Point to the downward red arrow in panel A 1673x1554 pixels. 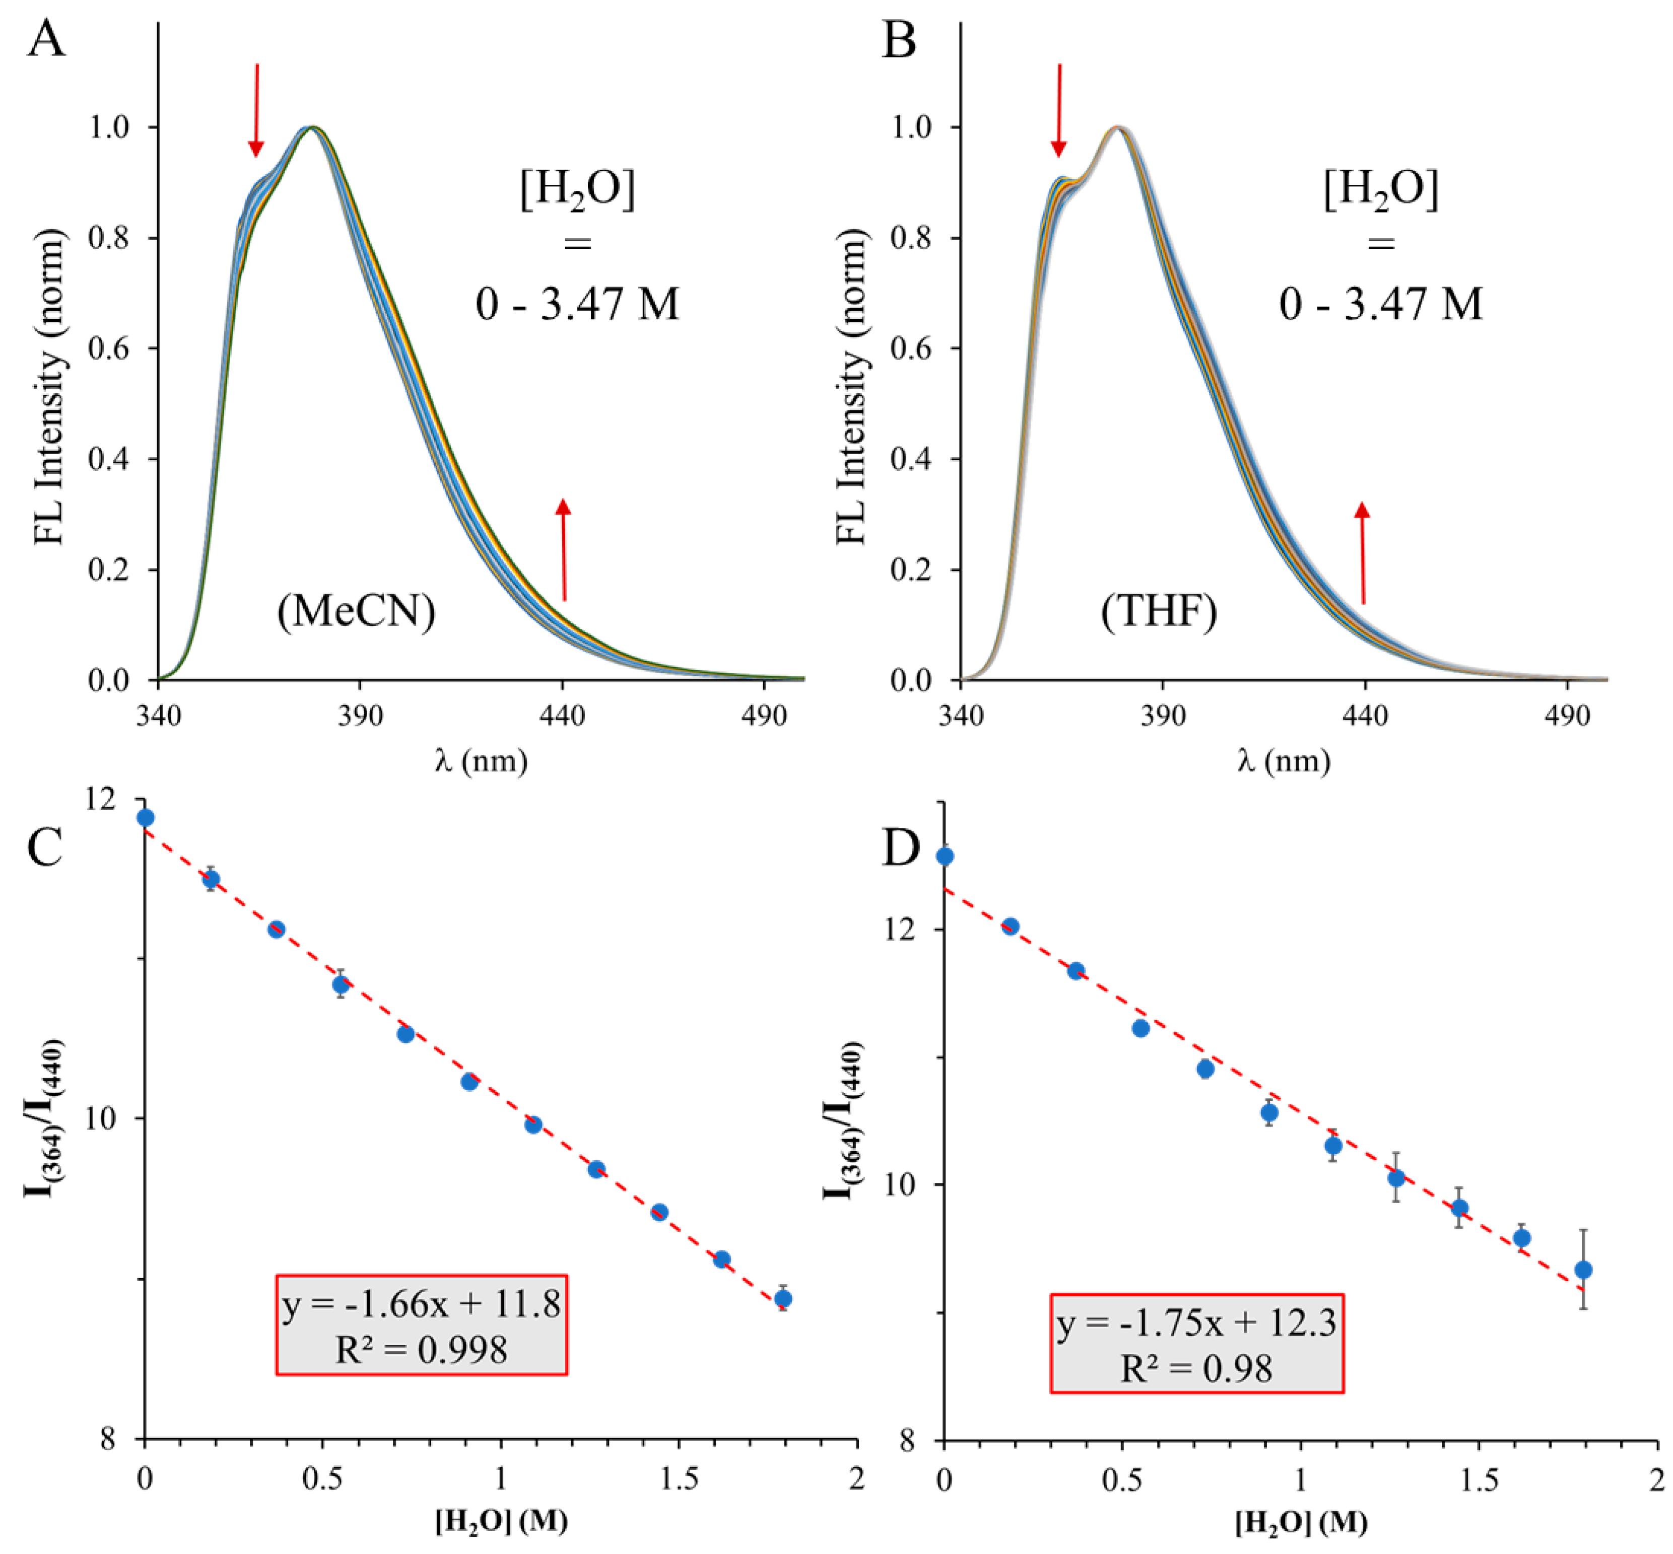[x=256, y=109]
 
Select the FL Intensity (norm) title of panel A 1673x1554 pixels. [x=50, y=389]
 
